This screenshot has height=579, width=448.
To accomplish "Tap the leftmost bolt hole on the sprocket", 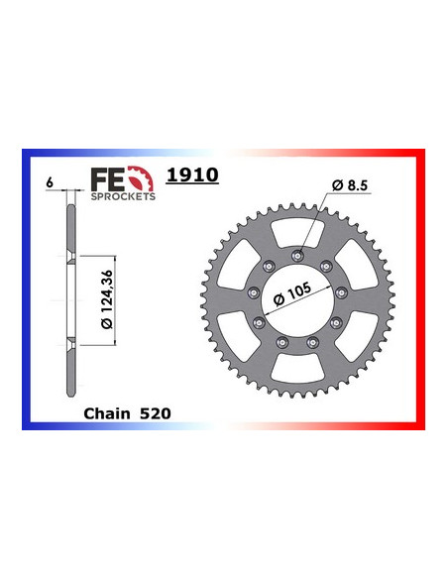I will [254, 293].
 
